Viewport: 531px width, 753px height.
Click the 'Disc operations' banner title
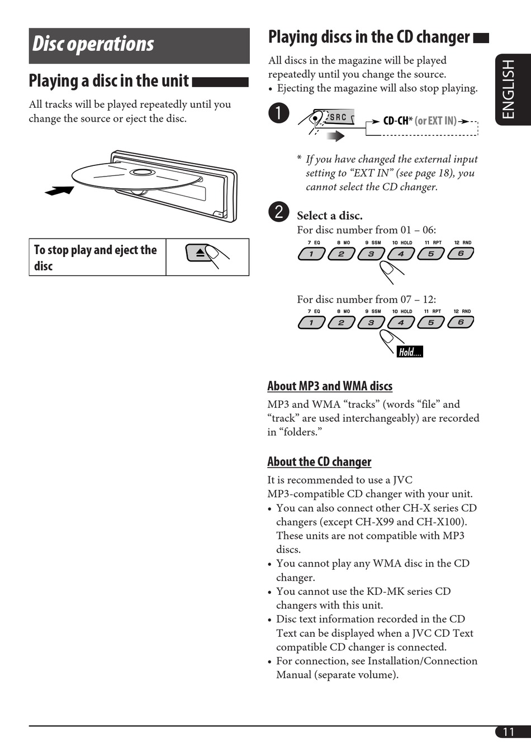(x=93, y=44)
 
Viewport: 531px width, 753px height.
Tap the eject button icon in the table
(x=200, y=253)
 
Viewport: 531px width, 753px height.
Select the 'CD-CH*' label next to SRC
(x=397, y=121)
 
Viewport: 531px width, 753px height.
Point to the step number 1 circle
(x=278, y=113)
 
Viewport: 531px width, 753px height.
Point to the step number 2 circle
(x=278, y=212)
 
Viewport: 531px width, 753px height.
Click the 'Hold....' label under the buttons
(x=410, y=352)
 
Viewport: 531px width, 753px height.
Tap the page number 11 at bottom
(x=508, y=732)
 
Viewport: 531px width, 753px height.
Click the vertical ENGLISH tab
(x=508, y=89)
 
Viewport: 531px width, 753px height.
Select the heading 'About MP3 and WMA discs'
(x=330, y=386)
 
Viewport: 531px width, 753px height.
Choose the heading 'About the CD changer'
(x=319, y=462)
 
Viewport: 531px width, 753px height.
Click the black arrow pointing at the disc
(x=59, y=191)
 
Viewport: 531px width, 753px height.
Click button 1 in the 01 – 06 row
(x=311, y=254)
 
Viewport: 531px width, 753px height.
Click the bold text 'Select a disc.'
(x=329, y=216)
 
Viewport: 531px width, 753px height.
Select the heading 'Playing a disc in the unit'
(x=109, y=81)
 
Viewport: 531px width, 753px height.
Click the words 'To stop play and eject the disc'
(x=95, y=258)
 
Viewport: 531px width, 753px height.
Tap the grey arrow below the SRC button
(x=335, y=136)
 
